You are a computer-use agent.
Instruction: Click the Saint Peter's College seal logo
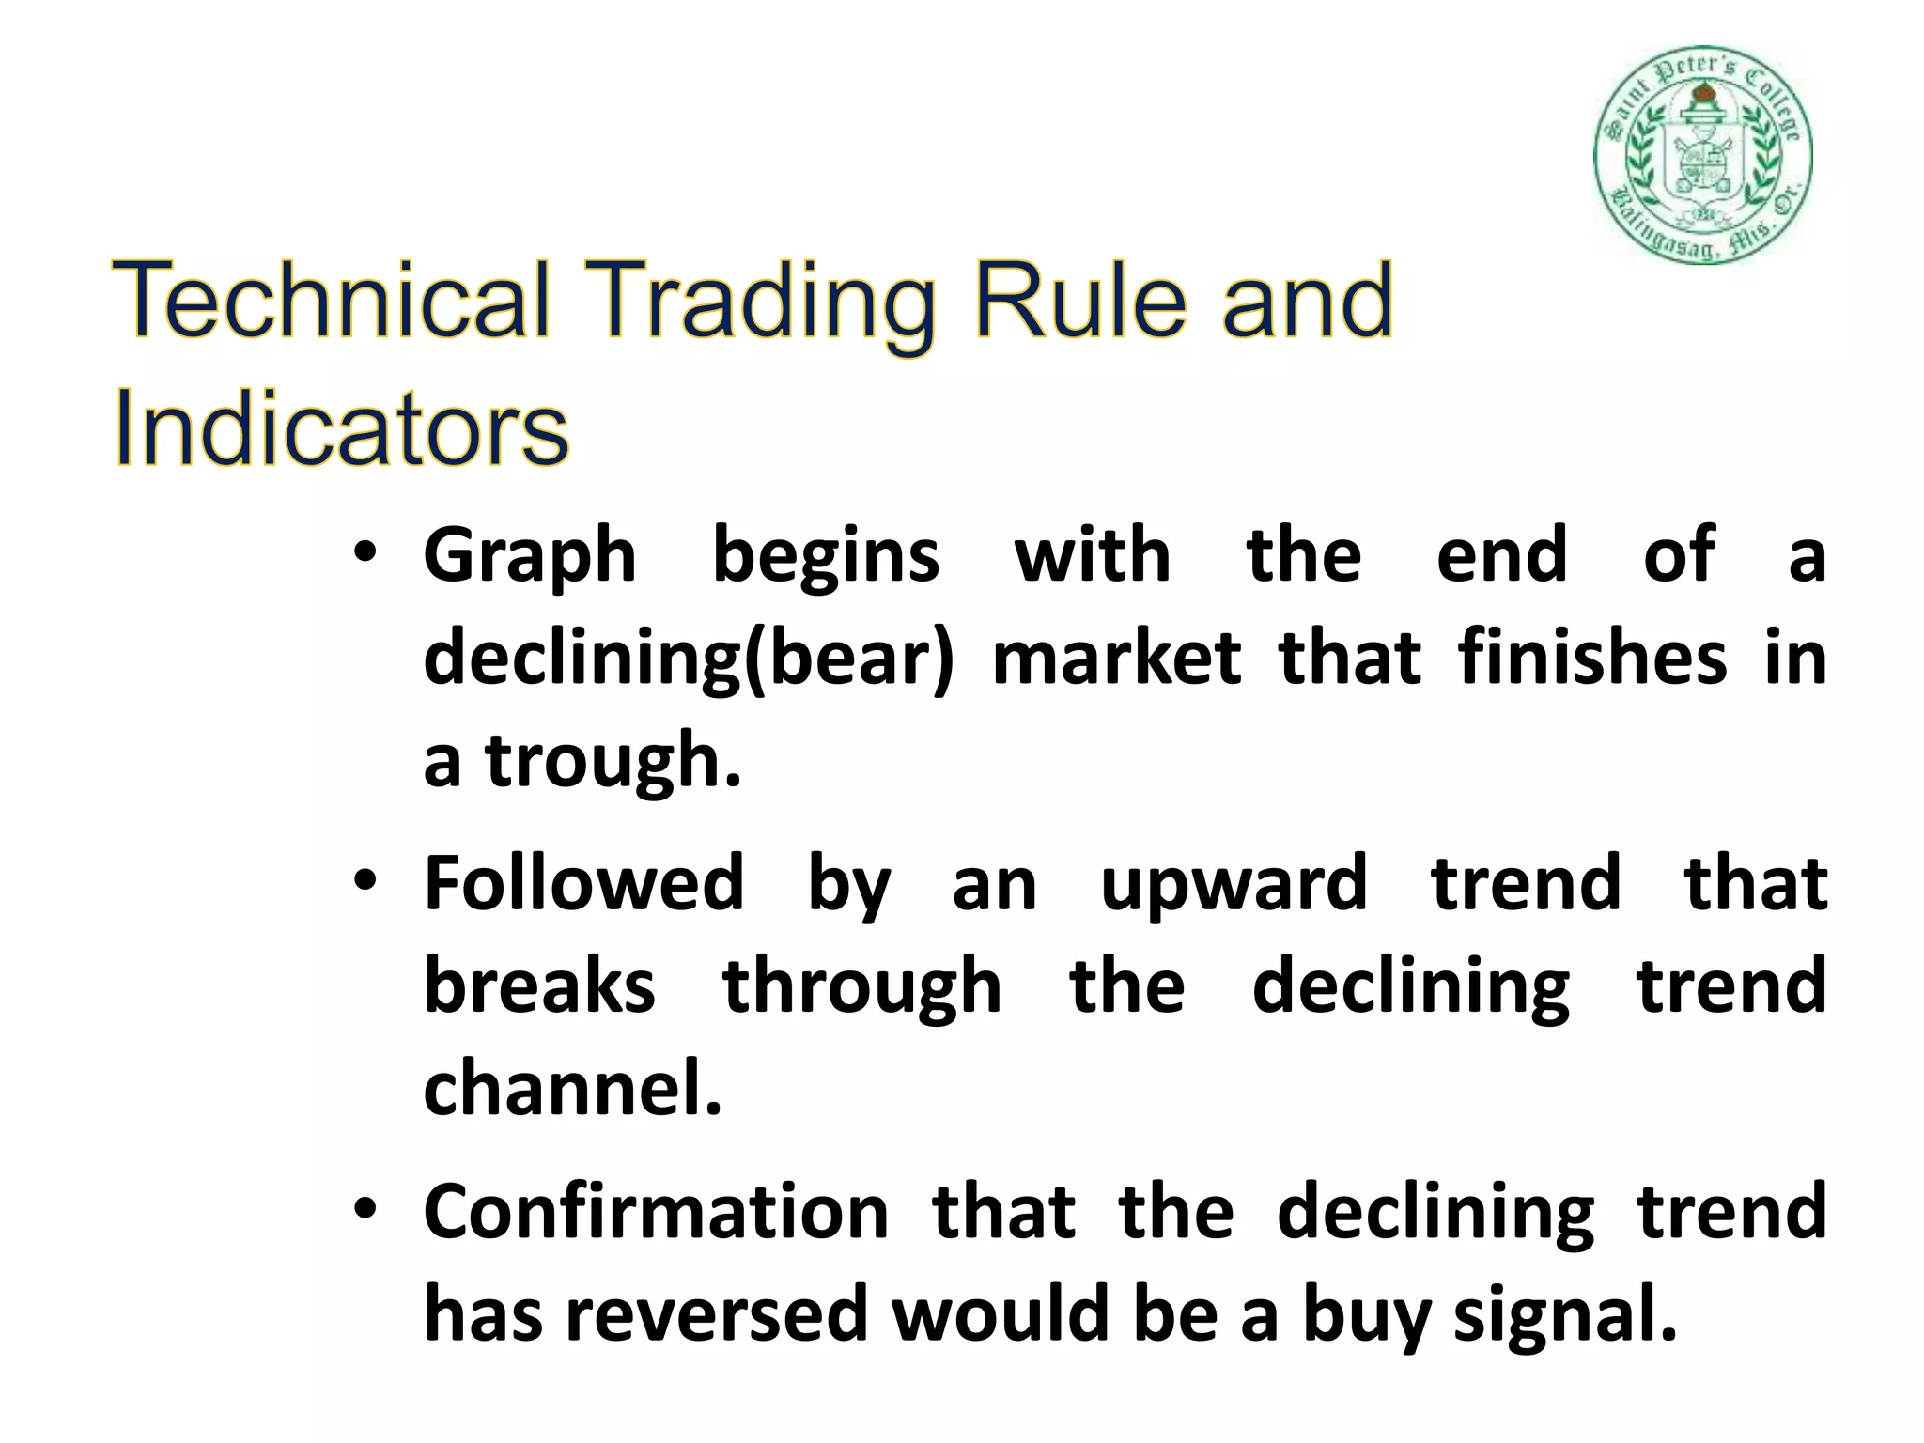(x=1703, y=155)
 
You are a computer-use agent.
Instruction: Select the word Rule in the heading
(x=1080, y=301)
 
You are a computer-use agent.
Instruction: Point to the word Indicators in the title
(x=341, y=431)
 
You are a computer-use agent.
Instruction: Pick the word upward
(x=1234, y=886)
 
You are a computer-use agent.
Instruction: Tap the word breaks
(x=539, y=986)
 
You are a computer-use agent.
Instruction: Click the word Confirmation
(x=656, y=1212)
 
